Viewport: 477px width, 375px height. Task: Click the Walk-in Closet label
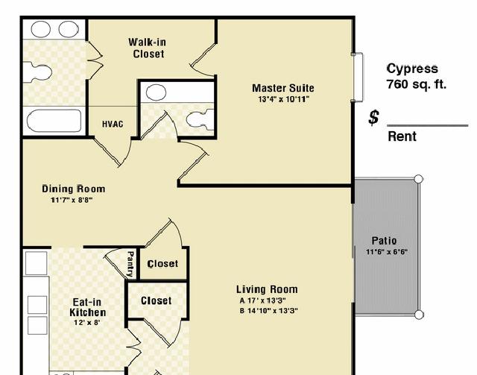tap(148, 48)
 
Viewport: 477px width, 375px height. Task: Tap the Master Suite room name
tap(283, 88)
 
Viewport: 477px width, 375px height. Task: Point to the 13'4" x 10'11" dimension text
tap(283, 99)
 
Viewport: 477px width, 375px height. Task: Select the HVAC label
tap(113, 125)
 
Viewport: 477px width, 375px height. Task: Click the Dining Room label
tap(74, 189)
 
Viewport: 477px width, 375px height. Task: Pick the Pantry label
tap(130, 264)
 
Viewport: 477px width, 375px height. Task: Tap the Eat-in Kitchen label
tap(88, 307)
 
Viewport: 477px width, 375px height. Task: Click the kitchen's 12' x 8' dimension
tap(87, 322)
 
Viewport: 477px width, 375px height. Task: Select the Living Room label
tap(267, 289)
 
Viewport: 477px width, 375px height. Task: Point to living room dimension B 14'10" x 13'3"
tap(268, 311)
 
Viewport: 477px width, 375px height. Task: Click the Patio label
tap(384, 241)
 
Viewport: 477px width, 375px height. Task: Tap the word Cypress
tap(412, 69)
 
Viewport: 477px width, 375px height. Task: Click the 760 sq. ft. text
tap(416, 83)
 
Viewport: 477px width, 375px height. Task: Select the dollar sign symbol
tap(374, 118)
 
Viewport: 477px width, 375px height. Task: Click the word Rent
tap(402, 136)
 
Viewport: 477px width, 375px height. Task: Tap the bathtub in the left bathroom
tap(54, 121)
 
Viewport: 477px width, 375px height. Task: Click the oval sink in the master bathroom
tap(156, 92)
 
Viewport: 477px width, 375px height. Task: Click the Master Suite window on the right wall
tap(358, 78)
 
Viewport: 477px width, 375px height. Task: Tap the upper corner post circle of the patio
tap(419, 179)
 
